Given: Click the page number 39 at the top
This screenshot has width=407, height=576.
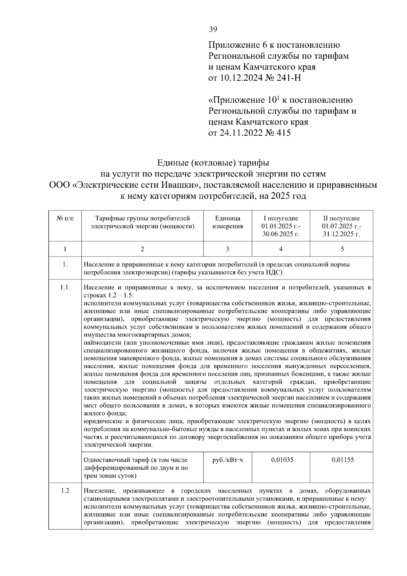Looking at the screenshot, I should click(213, 29).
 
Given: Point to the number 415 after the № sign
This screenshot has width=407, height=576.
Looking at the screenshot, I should click(284, 133).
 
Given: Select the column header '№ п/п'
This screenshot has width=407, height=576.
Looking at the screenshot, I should click(65, 219).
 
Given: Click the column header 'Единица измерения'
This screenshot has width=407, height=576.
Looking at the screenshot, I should click(228, 223).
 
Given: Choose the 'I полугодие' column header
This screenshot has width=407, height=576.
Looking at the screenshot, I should click(281, 218).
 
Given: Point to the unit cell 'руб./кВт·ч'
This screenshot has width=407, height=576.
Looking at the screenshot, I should click(227, 460).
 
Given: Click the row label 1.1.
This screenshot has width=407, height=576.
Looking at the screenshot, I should click(65, 288).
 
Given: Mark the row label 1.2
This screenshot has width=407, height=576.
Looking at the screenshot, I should click(65, 491).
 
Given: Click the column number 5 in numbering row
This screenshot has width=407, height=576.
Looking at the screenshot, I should click(342, 249).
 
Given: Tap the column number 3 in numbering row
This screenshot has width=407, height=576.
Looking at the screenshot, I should click(228, 249).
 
